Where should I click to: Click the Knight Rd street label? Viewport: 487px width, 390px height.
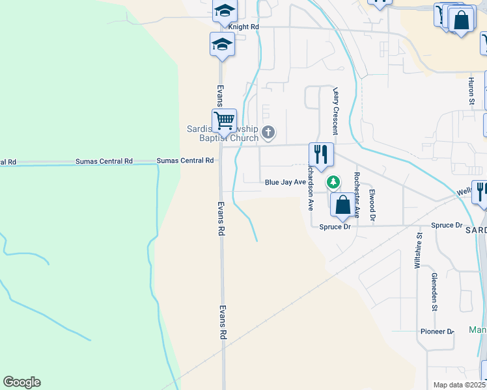(x=247, y=27)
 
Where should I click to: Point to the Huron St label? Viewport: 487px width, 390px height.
(x=471, y=91)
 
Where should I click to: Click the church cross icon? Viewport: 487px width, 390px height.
(x=268, y=133)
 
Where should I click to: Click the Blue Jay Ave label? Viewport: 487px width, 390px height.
(x=285, y=183)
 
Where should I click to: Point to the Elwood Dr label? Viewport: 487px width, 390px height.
(x=372, y=204)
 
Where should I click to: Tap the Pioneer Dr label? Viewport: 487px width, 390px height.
(x=436, y=331)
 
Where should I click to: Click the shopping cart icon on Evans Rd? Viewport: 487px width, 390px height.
(x=224, y=120)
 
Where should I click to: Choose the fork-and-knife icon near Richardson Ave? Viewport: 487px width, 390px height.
(x=321, y=154)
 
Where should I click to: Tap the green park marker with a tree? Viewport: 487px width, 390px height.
(x=333, y=182)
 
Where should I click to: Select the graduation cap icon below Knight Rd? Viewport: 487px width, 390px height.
(x=222, y=44)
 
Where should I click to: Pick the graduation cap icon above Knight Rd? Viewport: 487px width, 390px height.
(x=225, y=10)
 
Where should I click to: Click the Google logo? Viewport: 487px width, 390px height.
(x=21, y=382)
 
